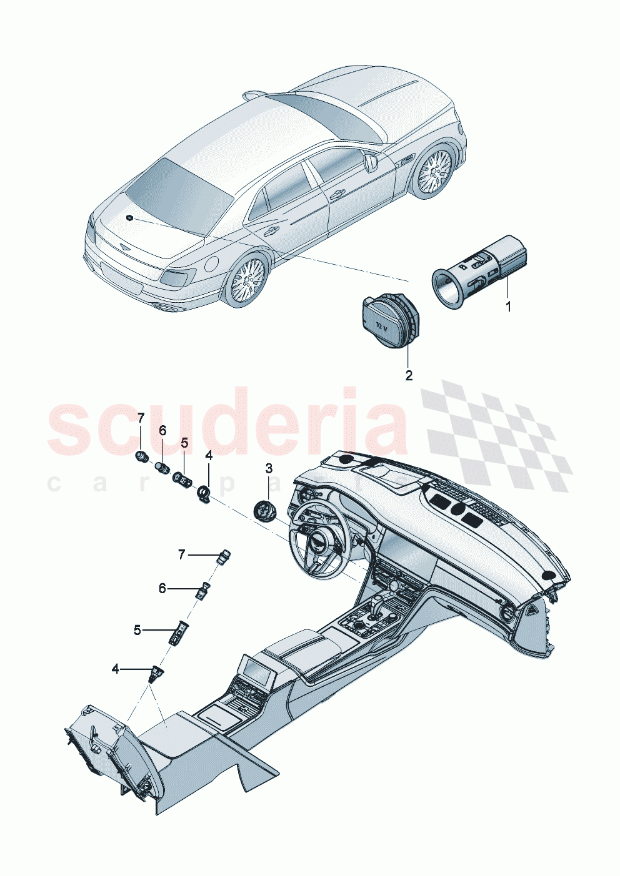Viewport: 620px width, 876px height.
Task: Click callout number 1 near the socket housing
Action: pos(508,307)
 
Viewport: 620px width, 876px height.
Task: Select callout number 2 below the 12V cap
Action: pos(409,375)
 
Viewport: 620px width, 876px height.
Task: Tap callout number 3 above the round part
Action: pos(269,468)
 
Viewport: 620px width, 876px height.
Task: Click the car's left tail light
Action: pos(179,278)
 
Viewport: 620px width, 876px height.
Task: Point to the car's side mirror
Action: pos(371,163)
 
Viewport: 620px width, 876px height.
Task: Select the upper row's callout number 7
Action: pos(141,417)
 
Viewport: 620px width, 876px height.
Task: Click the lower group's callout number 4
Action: pos(115,669)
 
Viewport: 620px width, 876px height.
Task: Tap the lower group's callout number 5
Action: pos(137,630)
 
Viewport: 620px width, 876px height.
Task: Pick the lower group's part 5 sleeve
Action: pos(178,633)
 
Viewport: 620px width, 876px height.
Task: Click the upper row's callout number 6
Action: pos(162,430)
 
